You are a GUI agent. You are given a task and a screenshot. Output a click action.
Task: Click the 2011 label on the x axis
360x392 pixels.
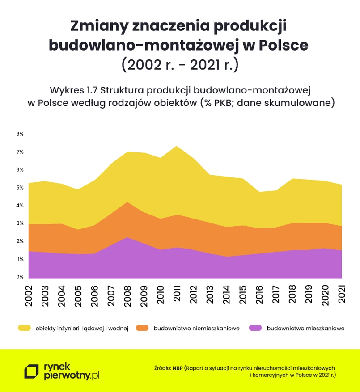(178, 294)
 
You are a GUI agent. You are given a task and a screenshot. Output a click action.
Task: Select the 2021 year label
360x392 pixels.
(342, 294)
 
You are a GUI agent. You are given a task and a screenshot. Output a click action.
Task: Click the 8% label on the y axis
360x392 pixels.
(20, 134)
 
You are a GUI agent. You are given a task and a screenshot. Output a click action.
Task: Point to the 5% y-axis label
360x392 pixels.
(20, 188)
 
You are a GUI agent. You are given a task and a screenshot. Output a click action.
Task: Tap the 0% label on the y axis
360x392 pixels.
(20, 277)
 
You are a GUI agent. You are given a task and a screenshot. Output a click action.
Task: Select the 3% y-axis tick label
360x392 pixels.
(20, 223)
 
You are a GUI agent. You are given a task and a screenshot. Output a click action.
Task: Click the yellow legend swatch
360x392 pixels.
(24, 329)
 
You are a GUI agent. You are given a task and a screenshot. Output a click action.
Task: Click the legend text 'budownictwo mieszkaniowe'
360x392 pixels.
(305, 329)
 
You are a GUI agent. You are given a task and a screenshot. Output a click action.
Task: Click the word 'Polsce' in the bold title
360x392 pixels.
(280, 45)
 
